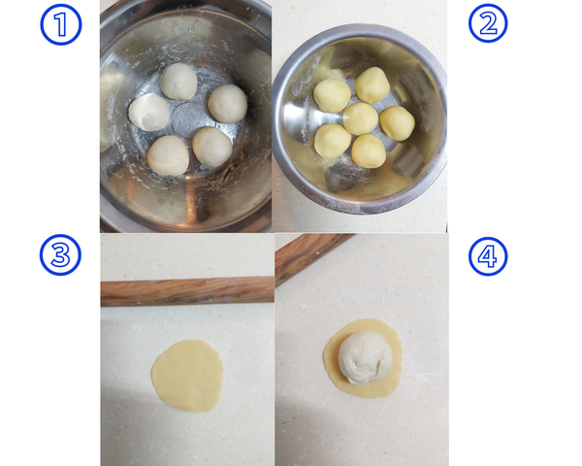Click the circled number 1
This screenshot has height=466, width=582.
(x=61, y=23)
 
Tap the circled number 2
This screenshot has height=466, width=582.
(x=488, y=23)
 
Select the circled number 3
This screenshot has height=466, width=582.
(x=59, y=255)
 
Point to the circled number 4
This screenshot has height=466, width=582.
(x=488, y=256)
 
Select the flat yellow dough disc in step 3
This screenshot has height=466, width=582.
(x=187, y=375)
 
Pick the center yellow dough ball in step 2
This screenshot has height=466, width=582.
(x=361, y=118)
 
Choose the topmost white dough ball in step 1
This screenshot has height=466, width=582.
(x=178, y=82)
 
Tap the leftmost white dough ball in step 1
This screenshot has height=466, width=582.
(x=149, y=113)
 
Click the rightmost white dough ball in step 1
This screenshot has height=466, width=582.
(x=228, y=104)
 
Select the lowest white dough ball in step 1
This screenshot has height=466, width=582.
(x=169, y=155)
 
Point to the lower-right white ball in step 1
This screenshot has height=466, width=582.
(x=212, y=147)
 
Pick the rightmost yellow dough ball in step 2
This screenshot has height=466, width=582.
(x=397, y=123)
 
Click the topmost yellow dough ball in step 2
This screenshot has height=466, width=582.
(x=372, y=85)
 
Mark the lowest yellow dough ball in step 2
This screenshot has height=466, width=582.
(x=369, y=150)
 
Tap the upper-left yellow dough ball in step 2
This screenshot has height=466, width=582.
(x=333, y=95)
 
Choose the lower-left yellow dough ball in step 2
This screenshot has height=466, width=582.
(x=333, y=141)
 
